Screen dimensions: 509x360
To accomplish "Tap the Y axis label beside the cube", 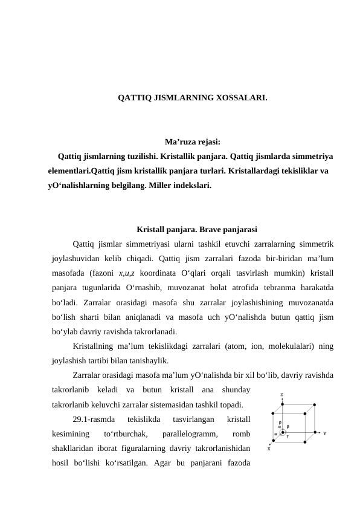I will coord(325,433).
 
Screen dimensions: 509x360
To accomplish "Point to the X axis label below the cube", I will coord(269,449).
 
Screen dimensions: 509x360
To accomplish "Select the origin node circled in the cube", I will coord(282,433).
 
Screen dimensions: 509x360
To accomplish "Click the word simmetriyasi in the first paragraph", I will coord(153,244).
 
